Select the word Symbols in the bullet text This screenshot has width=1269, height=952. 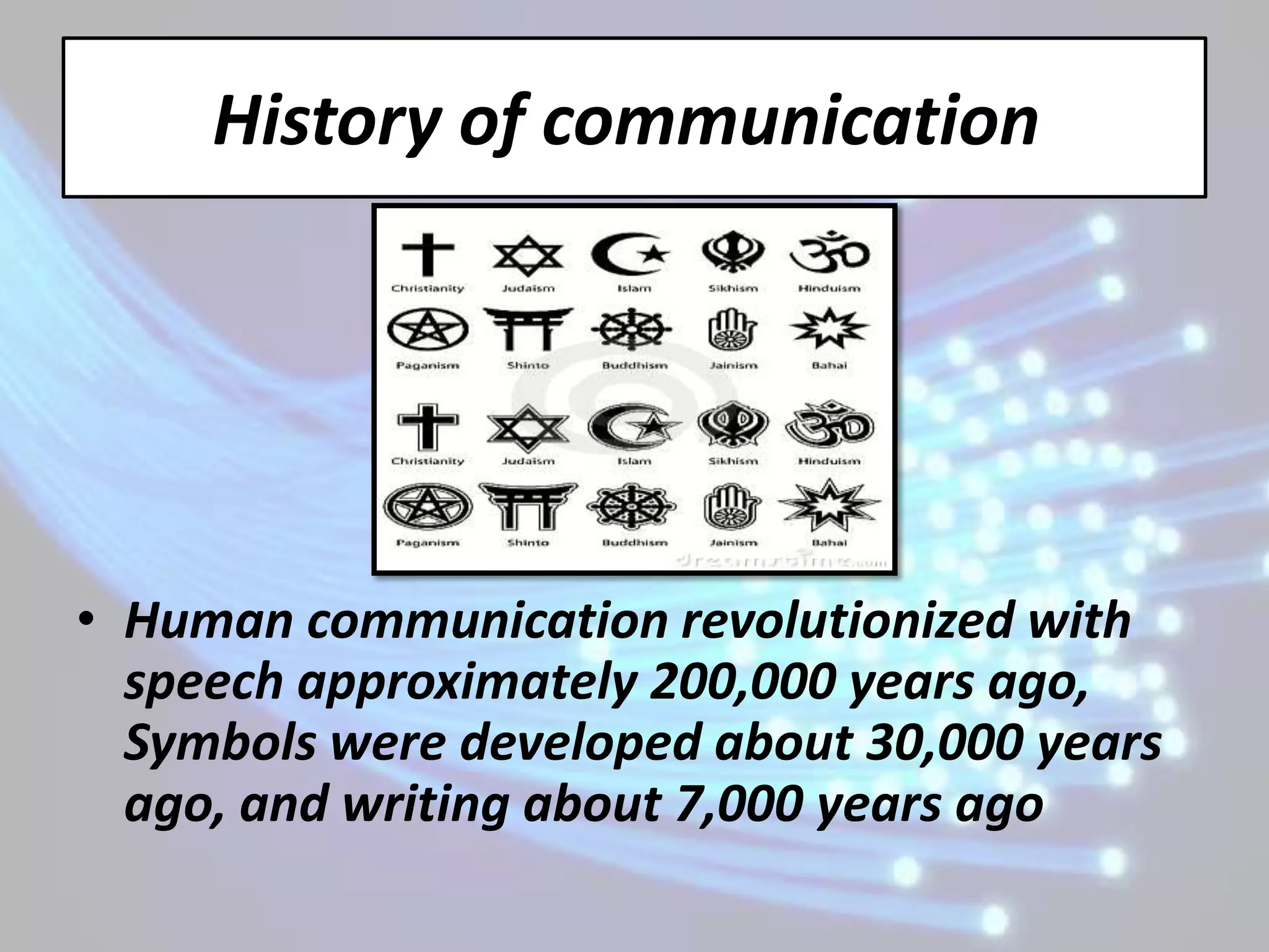point(219,743)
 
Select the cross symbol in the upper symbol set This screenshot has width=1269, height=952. point(428,253)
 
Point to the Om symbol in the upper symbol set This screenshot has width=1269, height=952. point(828,253)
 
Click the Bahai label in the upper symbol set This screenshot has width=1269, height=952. point(828,366)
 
